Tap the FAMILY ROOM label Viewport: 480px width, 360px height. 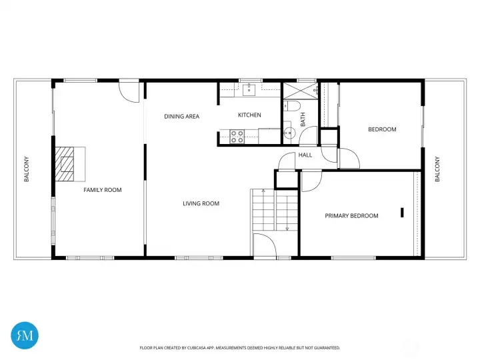click(103, 190)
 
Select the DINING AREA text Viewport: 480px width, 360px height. click(181, 117)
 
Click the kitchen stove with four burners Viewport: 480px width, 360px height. click(237, 137)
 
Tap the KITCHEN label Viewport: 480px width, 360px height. click(249, 115)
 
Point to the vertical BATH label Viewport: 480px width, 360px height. click(303, 120)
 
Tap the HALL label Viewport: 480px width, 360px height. click(305, 155)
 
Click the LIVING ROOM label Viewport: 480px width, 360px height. click(201, 203)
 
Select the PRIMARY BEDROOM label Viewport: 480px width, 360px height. click(351, 215)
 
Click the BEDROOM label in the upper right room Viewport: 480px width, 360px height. click(382, 129)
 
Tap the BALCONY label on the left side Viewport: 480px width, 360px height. click(27, 169)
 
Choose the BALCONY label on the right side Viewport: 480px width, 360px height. click(437, 169)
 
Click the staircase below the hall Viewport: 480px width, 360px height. click(273, 210)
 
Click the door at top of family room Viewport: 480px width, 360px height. click(129, 91)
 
